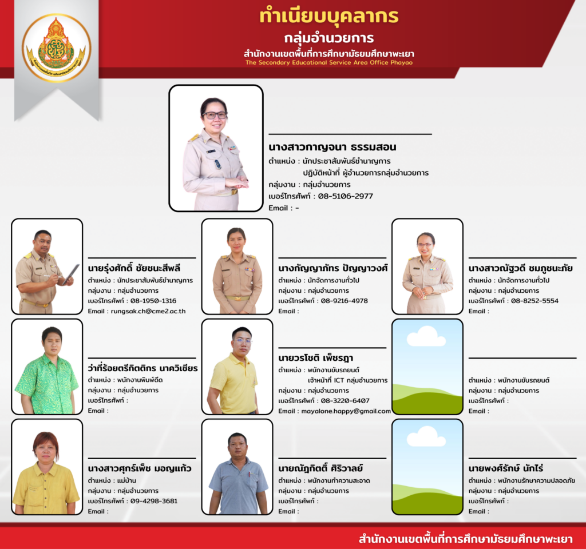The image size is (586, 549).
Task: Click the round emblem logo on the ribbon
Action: click(x=57, y=48)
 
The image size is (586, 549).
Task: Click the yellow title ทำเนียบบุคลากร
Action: click(x=329, y=16)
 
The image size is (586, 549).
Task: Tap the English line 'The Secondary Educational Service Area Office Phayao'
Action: click(x=329, y=62)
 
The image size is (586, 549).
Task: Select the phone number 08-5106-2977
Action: click(x=345, y=196)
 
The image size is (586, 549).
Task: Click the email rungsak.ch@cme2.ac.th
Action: click(x=148, y=311)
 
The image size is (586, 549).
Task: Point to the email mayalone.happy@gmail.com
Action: click(x=346, y=411)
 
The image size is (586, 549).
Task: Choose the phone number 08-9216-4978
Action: click(x=344, y=301)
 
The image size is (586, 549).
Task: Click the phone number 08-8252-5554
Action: click(x=534, y=301)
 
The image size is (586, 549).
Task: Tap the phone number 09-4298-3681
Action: click(x=153, y=501)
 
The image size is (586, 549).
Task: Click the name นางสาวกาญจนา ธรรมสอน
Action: click(x=332, y=147)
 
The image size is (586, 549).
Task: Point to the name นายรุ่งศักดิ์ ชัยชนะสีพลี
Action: click(x=134, y=268)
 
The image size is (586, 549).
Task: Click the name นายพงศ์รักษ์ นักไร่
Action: click(x=506, y=468)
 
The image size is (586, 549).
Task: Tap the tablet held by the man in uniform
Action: click(x=71, y=274)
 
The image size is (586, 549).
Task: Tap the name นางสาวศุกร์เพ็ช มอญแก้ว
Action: click(x=140, y=468)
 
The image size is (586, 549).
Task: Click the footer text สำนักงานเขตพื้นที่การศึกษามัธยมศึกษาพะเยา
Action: click(x=465, y=539)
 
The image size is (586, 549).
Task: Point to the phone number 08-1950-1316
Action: click(x=153, y=301)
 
